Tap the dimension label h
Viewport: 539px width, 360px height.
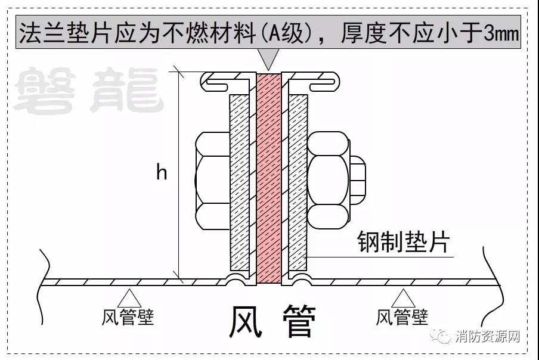pyautogui.click(x=162, y=173)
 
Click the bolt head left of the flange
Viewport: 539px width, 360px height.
pyautogui.click(x=211, y=182)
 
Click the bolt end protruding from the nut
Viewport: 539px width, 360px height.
pyautogui.click(x=358, y=179)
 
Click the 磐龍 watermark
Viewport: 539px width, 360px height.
pyautogui.click(x=89, y=91)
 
